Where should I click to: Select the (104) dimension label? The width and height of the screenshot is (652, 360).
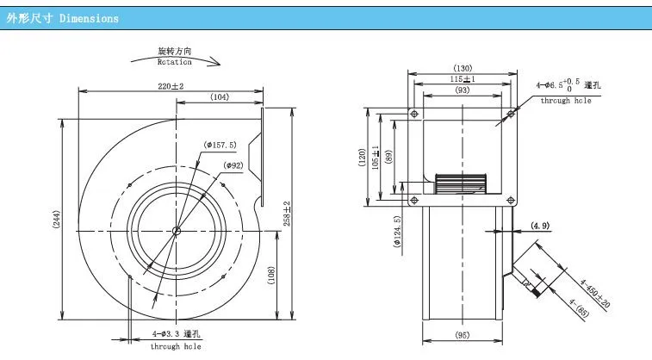(218, 97)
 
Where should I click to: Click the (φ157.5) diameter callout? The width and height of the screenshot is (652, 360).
(221, 143)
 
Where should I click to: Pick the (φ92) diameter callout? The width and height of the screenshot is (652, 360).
(233, 165)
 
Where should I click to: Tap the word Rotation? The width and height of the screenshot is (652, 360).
(173, 62)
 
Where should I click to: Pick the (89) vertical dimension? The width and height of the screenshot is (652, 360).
(389, 157)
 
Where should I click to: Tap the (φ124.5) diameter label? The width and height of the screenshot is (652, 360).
(395, 232)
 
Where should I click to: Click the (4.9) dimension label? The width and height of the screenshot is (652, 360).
(540, 226)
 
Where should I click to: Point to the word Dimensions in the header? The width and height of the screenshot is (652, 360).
(89, 18)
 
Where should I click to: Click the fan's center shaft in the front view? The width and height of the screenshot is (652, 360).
(176, 229)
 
